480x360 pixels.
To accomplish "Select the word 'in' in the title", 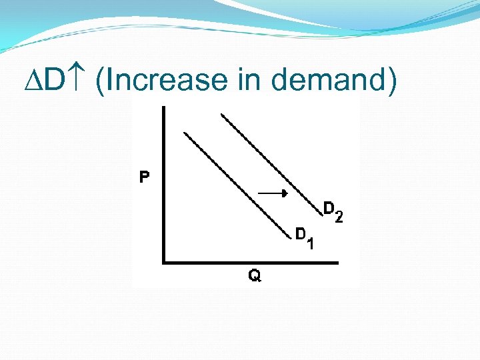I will (246, 81).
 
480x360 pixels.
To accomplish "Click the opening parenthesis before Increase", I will (100, 82).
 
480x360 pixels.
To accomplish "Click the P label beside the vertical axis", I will (144, 177).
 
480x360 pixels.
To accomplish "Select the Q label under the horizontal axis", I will (255, 275).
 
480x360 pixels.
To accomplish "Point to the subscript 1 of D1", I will (311, 244).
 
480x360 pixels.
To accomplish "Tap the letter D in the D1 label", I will (301, 234).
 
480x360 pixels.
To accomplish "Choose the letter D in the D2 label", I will (329, 208).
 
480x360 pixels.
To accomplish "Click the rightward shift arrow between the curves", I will (272, 193).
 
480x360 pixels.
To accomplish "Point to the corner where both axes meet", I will (164, 263).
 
